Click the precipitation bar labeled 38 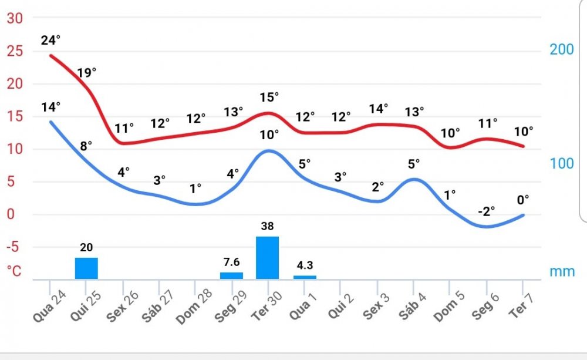pos(267,257)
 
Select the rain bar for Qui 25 pos(86,268)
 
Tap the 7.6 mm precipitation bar pos(231,275)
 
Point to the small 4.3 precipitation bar pos(305,277)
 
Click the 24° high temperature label pos(51,41)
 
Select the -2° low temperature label pos(486,211)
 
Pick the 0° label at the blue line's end pos(523,200)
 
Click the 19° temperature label pos(87,73)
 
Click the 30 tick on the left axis pos(15,18)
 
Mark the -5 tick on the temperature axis pos(14,247)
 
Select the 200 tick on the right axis pos(562,49)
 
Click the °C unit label pos(14,271)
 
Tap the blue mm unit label pos(562,272)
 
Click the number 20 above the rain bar pos(86,247)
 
